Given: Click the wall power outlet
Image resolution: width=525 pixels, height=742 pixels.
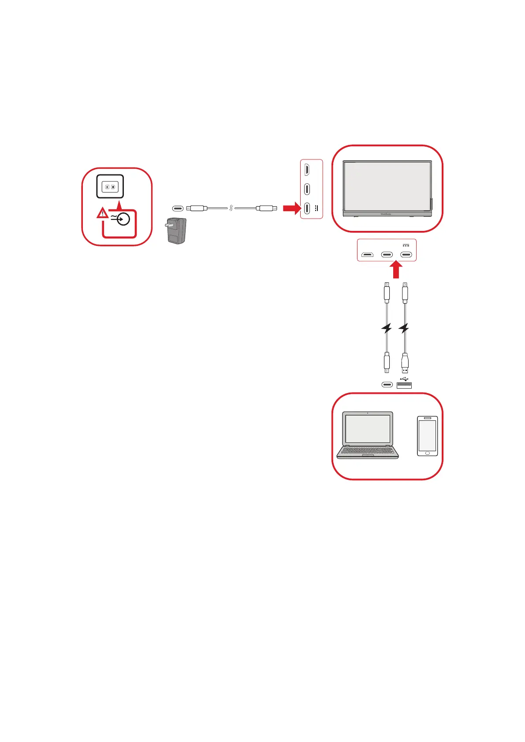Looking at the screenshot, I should pos(110,186).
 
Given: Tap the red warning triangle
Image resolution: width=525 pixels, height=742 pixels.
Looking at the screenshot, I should pos(102,214).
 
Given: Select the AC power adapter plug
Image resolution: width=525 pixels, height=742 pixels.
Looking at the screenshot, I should pos(176,230).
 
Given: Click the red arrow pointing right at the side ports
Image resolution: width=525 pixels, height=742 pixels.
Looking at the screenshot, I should pos(290,208).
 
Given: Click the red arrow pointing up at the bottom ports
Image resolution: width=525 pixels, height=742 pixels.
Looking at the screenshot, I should pos(396,269).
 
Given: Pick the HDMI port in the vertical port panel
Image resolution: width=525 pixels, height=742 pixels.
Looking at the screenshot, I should pos(307,169).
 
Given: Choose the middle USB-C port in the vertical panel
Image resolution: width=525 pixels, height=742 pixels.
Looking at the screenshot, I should pos(307,189).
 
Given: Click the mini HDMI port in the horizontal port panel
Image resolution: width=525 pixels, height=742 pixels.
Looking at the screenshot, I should pos(367,255).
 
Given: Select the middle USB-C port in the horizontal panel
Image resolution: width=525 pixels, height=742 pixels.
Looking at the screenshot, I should pos(387,255).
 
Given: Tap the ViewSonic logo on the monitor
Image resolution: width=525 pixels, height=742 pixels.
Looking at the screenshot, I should pos(386,214).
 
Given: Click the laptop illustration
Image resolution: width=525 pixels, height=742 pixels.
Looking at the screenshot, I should pos(368,435).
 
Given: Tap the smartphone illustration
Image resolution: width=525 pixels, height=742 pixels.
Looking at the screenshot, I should pos(427,436).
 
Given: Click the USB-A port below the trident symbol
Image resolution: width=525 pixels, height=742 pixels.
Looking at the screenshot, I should pos(404,386).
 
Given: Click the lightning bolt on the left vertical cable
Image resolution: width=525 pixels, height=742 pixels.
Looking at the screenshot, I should pos(387,328).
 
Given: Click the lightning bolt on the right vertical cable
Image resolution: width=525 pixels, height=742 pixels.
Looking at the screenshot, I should pos(404,328).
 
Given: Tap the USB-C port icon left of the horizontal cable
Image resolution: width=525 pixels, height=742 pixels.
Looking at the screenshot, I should pos(177,208).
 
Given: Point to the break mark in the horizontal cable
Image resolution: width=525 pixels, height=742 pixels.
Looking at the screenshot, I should pos(231,208).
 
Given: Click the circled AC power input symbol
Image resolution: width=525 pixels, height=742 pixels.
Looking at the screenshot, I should pos(123,219).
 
